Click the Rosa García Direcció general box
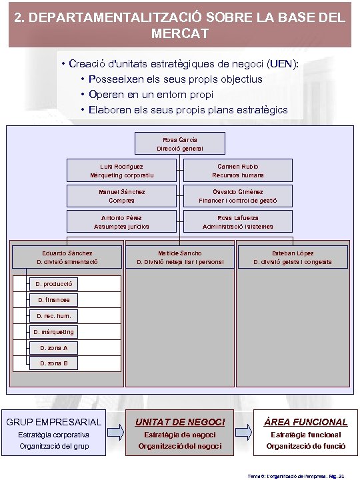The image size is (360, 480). (179, 144)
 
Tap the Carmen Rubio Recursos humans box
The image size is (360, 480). (238, 171)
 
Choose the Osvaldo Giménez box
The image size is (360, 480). (238, 196)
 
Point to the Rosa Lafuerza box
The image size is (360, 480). (238, 222)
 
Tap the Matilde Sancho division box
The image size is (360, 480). (180, 257)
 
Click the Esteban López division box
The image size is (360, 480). (293, 257)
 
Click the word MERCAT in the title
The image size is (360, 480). (179, 32)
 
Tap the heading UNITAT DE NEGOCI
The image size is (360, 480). (180, 422)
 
